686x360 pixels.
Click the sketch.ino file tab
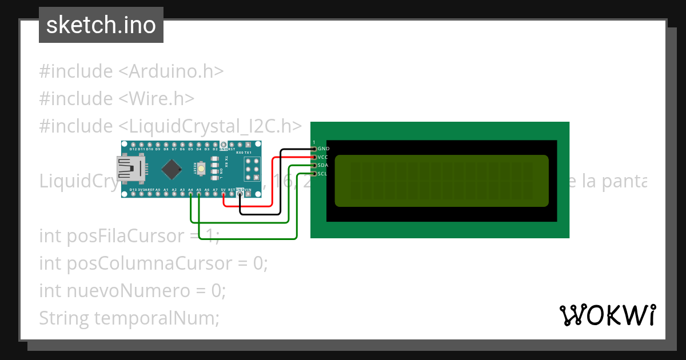(x=101, y=25)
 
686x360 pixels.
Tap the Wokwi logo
(x=607, y=315)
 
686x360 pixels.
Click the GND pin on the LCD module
(x=314, y=149)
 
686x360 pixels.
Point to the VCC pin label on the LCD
(x=323, y=157)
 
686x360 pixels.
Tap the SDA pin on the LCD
(x=314, y=165)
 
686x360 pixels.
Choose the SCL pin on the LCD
(x=314, y=174)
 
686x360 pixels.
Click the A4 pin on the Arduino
(x=190, y=194)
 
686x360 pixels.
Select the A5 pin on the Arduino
(x=198, y=194)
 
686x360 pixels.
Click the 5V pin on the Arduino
(x=223, y=194)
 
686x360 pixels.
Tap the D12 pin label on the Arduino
(x=133, y=149)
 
